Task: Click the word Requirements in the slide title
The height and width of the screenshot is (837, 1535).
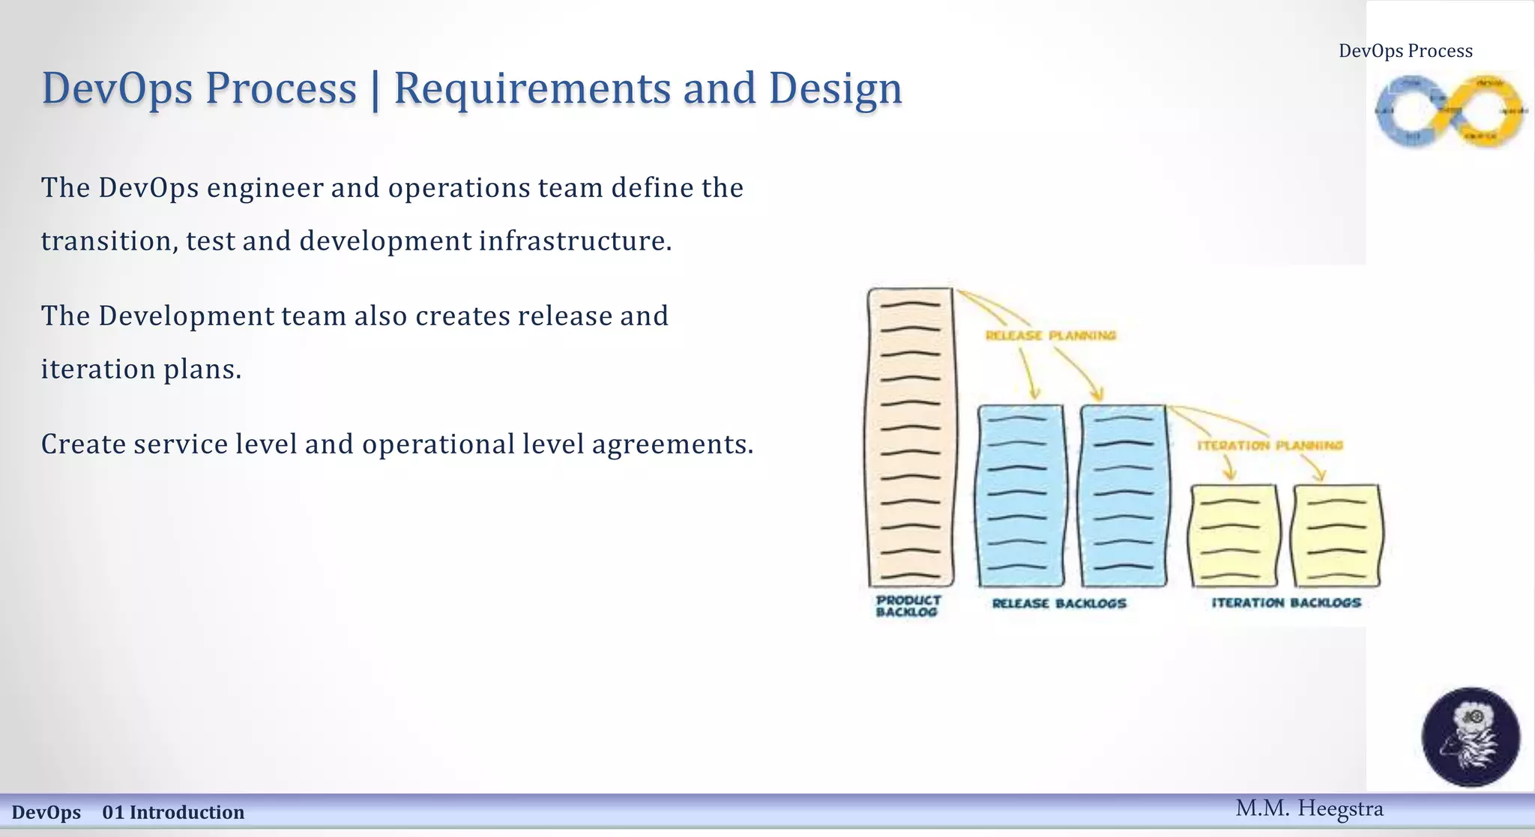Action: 533,88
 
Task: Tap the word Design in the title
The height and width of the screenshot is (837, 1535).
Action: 835,88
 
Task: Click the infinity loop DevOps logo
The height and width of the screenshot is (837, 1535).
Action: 1450,110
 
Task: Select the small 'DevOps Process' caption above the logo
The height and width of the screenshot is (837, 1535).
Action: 1405,51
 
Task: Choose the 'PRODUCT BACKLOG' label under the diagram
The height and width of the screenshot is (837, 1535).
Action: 908,605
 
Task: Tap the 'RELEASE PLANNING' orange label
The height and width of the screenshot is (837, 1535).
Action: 1050,335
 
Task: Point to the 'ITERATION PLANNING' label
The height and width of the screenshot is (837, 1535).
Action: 1270,445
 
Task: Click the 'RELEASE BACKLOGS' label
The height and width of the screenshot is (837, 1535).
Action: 1058,603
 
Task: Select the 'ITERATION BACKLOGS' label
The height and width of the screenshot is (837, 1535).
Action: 1285,602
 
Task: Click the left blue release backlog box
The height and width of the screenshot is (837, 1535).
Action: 1020,495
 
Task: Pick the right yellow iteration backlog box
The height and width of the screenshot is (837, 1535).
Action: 1336,535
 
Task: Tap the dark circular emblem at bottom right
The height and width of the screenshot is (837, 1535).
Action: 1471,737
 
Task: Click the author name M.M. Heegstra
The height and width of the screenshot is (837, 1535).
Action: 1309,809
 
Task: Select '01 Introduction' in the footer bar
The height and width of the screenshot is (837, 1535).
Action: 173,812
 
